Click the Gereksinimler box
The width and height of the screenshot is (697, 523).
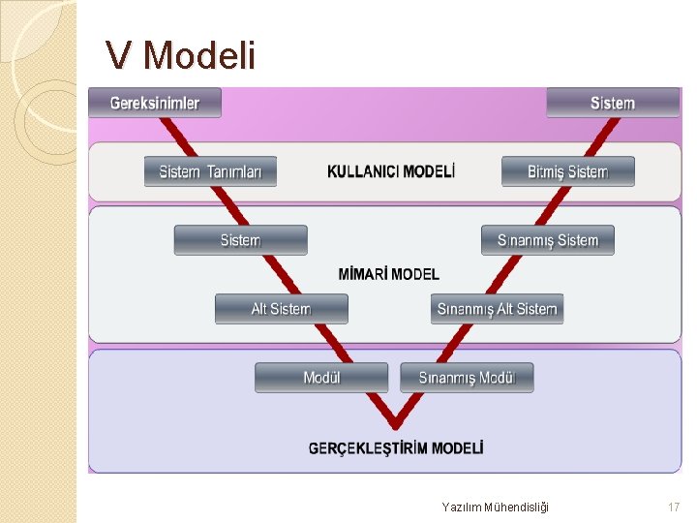coord(155,103)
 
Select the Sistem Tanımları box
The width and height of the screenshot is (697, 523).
coord(210,171)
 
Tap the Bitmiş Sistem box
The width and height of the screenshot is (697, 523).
coord(568,171)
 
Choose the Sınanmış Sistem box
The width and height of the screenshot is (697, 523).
coord(548,240)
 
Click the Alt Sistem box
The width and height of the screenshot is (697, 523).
coord(281,309)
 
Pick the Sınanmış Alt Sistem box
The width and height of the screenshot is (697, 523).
coord(497,309)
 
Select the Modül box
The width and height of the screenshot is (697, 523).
coord(321,377)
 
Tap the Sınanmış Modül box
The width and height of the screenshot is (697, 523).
coord(467,377)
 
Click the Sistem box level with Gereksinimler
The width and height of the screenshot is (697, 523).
coord(613,103)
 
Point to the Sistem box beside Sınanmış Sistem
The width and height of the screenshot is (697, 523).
coord(240,240)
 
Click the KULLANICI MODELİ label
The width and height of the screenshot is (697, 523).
coord(391,171)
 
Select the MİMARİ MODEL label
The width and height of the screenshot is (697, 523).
coord(388,275)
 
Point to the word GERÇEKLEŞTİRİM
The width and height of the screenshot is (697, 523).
coord(368,448)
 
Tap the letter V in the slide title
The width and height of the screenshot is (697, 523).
coord(118,56)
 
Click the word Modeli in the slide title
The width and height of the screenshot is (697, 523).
coord(199,56)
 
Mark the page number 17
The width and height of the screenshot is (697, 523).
coord(674,507)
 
